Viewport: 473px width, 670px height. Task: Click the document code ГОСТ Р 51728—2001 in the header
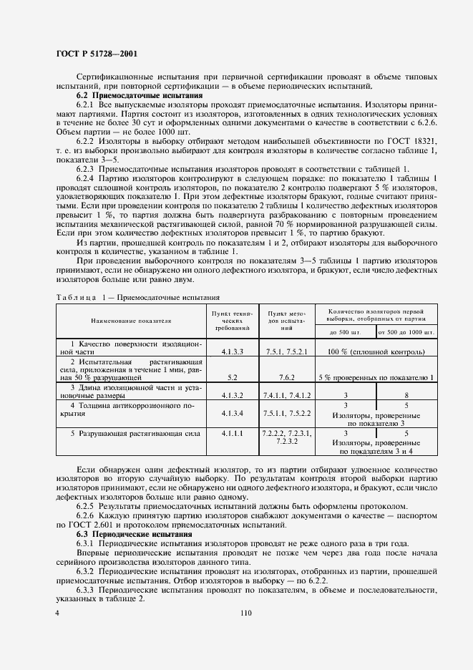pos(97,54)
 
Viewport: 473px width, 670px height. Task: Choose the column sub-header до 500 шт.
pos(345,332)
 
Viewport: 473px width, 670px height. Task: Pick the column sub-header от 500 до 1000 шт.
pos(406,332)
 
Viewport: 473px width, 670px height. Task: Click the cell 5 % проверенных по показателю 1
pos(376,377)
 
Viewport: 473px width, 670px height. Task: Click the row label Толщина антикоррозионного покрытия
pos(131,409)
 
